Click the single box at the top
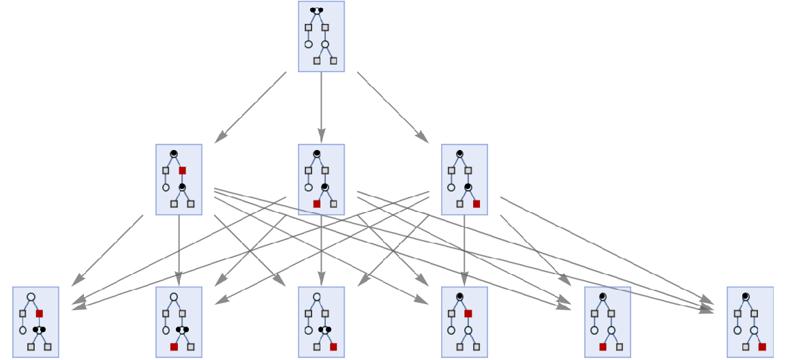(321, 37)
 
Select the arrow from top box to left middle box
(250, 107)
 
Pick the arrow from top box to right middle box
(393, 107)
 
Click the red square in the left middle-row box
(182, 170)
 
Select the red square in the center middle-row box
(317, 204)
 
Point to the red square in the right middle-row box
(476, 204)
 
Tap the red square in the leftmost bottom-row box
(40, 314)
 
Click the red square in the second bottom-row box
(174, 347)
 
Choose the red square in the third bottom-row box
(333, 347)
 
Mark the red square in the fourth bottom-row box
(468, 314)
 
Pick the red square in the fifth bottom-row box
(603, 347)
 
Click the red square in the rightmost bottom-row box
(762, 347)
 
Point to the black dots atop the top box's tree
(316, 10)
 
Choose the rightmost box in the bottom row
(750, 322)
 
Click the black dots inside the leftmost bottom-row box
(39, 330)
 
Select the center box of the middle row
(321, 179)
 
